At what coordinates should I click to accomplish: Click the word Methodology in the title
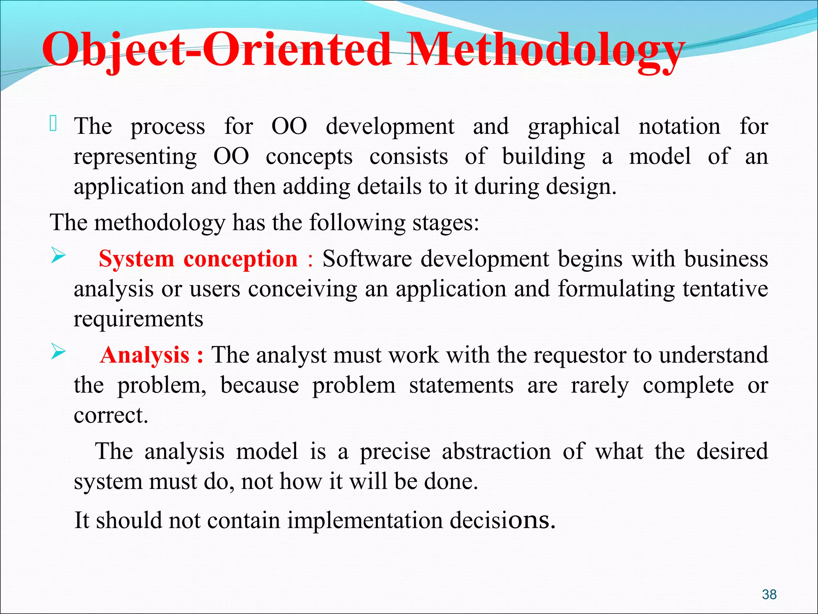[x=545, y=50]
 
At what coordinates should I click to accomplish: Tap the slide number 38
[x=769, y=594]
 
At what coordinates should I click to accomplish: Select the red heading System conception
[x=198, y=259]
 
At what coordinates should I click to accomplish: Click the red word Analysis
[x=145, y=355]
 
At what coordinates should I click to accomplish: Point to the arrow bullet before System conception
[x=58, y=256]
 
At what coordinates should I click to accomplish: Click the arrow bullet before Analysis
[x=58, y=352]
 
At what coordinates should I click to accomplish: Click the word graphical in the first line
[x=574, y=127]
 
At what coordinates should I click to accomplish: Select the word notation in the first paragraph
[x=679, y=126]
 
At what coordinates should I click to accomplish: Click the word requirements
[x=138, y=319]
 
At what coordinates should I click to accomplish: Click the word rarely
[x=600, y=386]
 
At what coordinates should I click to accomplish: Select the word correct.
[x=111, y=415]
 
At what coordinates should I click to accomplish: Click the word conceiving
[x=302, y=289]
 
